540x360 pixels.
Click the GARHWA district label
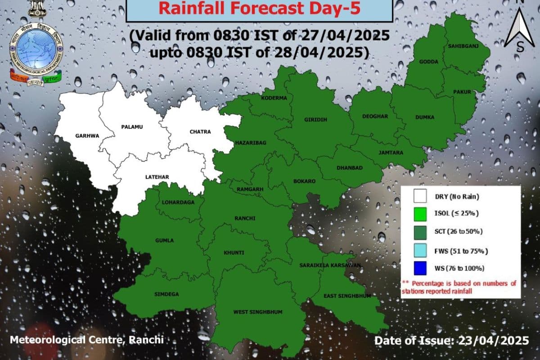(87, 135)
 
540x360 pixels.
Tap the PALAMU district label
(132, 127)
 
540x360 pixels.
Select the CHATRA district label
(200, 132)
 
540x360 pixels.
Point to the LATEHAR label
(157, 177)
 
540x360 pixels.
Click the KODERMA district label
(274, 98)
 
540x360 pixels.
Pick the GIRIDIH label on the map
(315, 119)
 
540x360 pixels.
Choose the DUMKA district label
(425, 117)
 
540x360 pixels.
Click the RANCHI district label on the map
(245, 219)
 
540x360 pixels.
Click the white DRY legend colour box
(419, 197)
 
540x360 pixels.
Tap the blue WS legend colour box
(419, 268)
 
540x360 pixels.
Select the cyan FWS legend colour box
(419, 250)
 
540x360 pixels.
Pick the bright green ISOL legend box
(419, 214)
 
